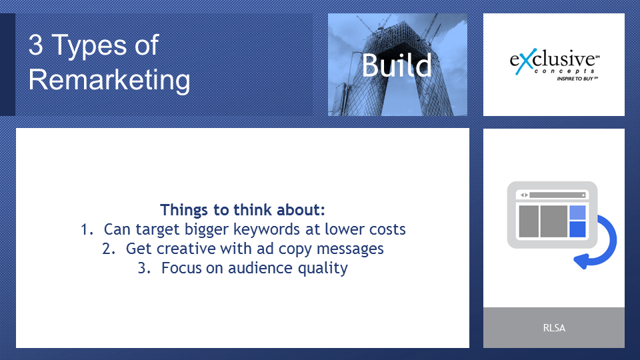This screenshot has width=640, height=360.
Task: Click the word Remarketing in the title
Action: click(x=109, y=79)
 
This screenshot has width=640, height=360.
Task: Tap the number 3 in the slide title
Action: click(x=35, y=45)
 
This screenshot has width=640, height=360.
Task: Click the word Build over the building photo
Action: click(x=396, y=65)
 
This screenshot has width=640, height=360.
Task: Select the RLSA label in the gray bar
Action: click(x=554, y=328)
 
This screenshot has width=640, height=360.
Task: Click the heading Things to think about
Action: click(x=243, y=210)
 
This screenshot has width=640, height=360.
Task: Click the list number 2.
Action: click(x=109, y=249)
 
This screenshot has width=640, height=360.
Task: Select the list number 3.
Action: click(x=144, y=268)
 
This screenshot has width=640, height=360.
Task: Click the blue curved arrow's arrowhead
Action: click(x=581, y=261)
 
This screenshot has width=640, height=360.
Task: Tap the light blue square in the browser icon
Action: click(x=577, y=212)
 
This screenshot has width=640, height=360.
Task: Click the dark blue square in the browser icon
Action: click(x=577, y=229)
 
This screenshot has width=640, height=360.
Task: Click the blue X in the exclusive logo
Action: click(x=525, y=62)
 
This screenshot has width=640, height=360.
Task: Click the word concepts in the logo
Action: click(x=564, y=71)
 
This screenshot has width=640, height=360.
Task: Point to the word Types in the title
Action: click(x=89, y=45)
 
